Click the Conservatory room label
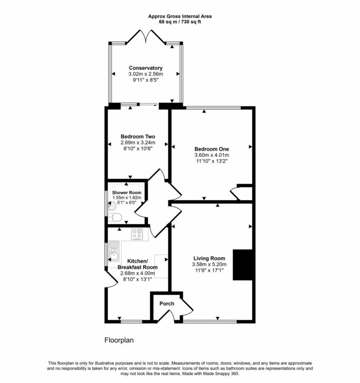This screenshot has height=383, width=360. click(x=146, y=68)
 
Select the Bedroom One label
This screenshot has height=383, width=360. click(x=211, y=149)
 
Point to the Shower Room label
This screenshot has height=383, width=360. click(x=126, y=193)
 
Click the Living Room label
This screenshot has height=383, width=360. click(x=210, y=258)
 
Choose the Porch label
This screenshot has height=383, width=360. click(x=166, y=304)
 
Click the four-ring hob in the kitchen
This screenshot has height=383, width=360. click(x=138, y=233)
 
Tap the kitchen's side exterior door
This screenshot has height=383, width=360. click(x=111, y=280)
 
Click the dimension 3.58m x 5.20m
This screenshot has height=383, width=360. click(x=210, y=264)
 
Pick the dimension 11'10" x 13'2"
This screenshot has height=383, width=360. click(x=211, y=161)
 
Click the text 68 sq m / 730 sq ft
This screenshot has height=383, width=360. click(x=180, y=22)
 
